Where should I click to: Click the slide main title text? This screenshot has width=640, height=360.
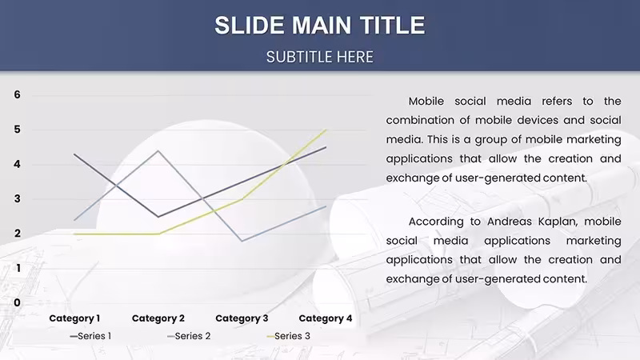pos(320,26)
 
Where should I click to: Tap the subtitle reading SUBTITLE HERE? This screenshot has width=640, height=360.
pos(320,57)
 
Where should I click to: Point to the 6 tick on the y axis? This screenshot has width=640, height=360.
pos(17,94)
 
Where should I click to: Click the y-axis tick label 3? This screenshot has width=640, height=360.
pos(17,198)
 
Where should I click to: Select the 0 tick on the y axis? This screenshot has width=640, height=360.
pos(17,302)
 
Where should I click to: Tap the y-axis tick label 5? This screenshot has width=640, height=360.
pos(17,130)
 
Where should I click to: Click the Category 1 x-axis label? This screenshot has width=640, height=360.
pos(74,318)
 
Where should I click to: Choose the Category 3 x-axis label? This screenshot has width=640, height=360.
pos(242,318)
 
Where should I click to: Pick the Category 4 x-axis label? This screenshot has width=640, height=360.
pos(326,318)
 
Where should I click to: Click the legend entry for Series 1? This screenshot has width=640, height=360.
pos(90,336)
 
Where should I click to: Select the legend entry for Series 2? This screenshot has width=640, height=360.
pos(189,336)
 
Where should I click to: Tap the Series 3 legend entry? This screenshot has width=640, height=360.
pos(289,336)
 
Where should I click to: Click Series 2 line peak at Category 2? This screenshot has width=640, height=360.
pos(158,151)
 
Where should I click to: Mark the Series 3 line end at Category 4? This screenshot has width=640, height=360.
pos(326,130)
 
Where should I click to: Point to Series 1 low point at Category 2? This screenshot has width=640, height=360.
pos(158,216)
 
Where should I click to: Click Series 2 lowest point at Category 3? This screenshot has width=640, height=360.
pos(242,241)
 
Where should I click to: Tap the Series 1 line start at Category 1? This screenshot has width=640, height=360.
pos(74,154)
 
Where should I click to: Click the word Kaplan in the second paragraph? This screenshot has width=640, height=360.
pos(557,222)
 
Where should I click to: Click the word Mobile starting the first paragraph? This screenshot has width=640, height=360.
pos(426,102)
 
